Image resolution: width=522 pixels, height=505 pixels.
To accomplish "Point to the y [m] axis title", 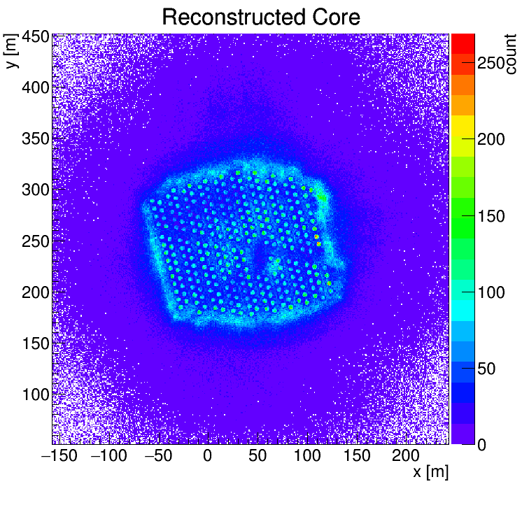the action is pyautogui.click(x=11, y=51).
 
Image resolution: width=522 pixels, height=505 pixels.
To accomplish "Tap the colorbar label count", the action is pyautogui.click(x=510, y=54).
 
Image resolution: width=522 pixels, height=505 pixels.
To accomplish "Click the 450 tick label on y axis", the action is pyautogui.click(x=36, y=37).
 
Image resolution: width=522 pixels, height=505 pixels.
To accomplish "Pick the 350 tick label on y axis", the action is pyautogui.click(x=36, y=139).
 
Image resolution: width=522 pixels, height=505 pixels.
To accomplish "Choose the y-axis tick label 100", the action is pyautogui.click(x=36, y=394).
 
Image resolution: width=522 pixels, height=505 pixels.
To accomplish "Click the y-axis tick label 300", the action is pyautogui.click(x=36, y=190).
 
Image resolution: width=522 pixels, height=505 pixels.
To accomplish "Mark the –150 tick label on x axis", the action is pyautogui.click(x=59, y=455).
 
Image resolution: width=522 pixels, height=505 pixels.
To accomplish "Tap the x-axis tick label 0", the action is pyautogui.click(x=207, y=455).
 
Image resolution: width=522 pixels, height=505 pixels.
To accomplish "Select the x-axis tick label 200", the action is pyautogui.click(x=406, y=455).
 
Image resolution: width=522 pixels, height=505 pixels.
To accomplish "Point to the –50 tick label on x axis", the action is pyautogui.click(x=158, y=455).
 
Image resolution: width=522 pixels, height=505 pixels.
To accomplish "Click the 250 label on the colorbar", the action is pyautogui.click(x=491, y=62).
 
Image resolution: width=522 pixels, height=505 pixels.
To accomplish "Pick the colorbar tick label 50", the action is pyautogui.click(x=486, y=369).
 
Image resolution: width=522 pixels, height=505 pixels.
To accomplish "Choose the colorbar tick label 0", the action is pyautogui.click(x=481, y=445).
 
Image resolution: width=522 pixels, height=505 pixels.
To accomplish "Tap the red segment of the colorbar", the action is pyautogui.click(x=463, y=43).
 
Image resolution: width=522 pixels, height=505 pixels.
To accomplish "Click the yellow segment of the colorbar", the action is pyautogui.click(x=463, y=126).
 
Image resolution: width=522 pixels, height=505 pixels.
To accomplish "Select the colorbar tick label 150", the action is pyautogui.click(x=491, y=216).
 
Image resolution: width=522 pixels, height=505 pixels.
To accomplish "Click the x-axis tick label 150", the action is pyautogui.click(x=357, y=455).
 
